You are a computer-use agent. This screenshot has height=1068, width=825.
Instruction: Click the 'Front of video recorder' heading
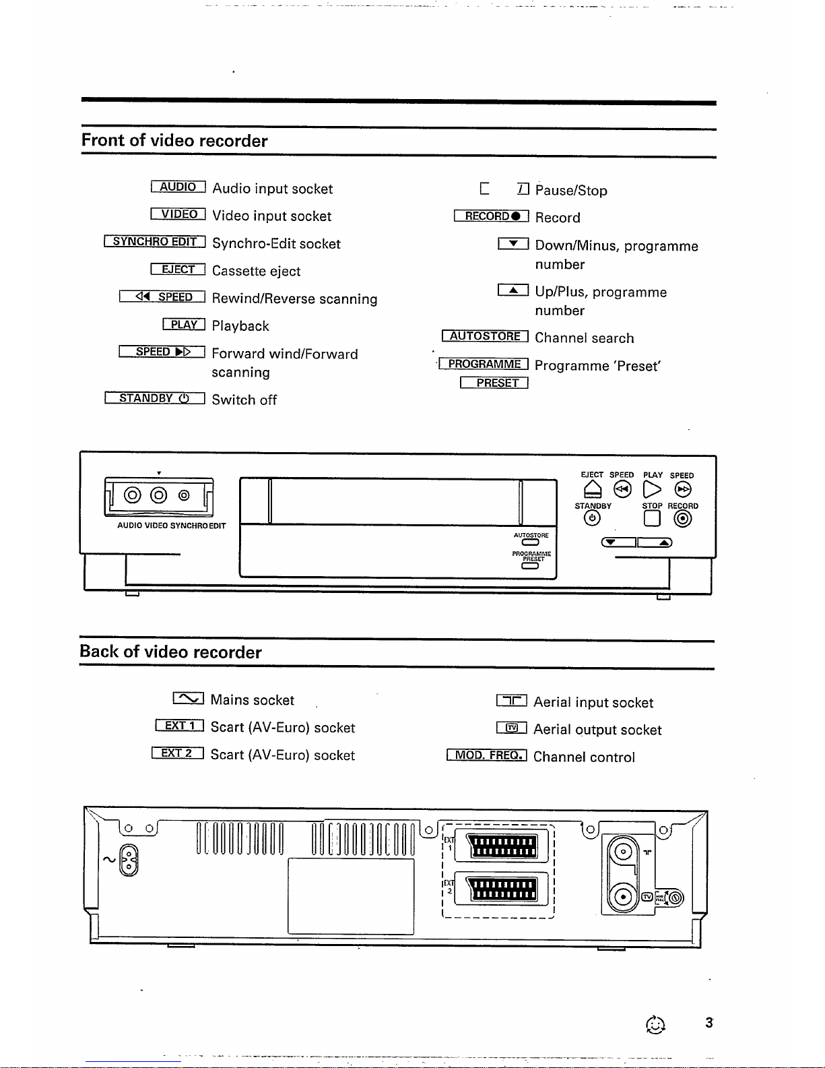(x=174, y=141)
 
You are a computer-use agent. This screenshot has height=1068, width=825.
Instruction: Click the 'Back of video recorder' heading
(x=170, y=652)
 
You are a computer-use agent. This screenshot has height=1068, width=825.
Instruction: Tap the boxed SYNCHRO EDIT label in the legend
(x=155, y=242)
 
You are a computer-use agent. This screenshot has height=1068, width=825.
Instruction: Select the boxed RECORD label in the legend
(x=491, y=216)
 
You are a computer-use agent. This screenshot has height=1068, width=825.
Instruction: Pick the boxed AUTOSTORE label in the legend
(x=485, y=336)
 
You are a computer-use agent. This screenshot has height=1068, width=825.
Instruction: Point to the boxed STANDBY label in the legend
(x=154, y=398)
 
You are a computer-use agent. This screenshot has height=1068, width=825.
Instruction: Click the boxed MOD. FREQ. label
(x=486, y=755)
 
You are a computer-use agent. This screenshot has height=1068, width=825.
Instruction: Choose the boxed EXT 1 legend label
(x=179, y=726)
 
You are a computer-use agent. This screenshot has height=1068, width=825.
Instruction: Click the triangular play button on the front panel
(x=652, y=489)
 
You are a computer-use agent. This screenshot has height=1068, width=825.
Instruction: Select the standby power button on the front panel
(x=592, y=518)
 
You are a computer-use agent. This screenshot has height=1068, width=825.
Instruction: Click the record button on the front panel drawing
(x=683, y=518)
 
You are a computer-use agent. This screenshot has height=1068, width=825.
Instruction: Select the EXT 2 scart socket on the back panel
(x=502, y=889)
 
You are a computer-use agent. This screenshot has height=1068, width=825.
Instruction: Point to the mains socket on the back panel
(x=128, y=860)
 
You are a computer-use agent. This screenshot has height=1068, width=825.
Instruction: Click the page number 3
(x=708, y=1023)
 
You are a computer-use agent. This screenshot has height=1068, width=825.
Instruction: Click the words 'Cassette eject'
(x=256, y=272)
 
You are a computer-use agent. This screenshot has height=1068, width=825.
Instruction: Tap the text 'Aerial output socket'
(x=597, y=730)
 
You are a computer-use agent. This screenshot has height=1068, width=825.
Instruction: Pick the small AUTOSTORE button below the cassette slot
(x=530, y=542)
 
